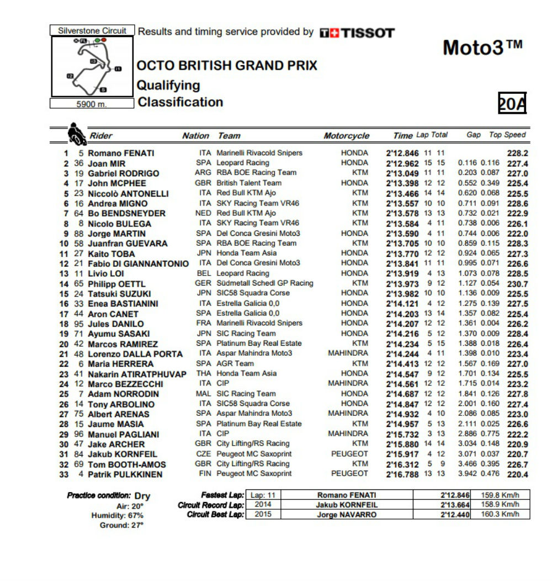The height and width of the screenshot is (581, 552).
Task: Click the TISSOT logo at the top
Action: click(x=358, y=33)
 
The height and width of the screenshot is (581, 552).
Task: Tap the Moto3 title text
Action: click(x=482, y=48)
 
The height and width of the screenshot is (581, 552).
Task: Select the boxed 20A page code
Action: click(x=512, y=103)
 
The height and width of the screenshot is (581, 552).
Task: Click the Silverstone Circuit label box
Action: click(x=92, y=30)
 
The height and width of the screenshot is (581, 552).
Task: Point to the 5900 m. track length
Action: click(x=92, y=103)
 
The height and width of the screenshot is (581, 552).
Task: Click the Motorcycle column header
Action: click(x=346, y=136)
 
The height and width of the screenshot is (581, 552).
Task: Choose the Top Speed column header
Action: click(x=507, y=135)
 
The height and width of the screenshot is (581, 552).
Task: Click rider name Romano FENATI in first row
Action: click(x=121, y=153)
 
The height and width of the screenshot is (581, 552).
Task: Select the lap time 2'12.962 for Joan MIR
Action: click(x=403, y=163)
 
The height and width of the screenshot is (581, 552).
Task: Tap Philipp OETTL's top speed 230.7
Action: click(x=518, y=284)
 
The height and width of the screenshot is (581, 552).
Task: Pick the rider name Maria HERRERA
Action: click(x=121, y=364)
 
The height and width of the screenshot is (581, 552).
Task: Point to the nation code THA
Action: click(x=204, y=373)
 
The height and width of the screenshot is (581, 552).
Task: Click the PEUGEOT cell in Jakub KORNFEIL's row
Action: click(x=349, y=453)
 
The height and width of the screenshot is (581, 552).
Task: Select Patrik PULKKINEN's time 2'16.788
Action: click(x=403, y=474)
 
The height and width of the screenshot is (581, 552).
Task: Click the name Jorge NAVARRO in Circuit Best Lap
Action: click(x=346, y=515)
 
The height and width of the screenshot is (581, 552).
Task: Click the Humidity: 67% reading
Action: click(x=118, y=515)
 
